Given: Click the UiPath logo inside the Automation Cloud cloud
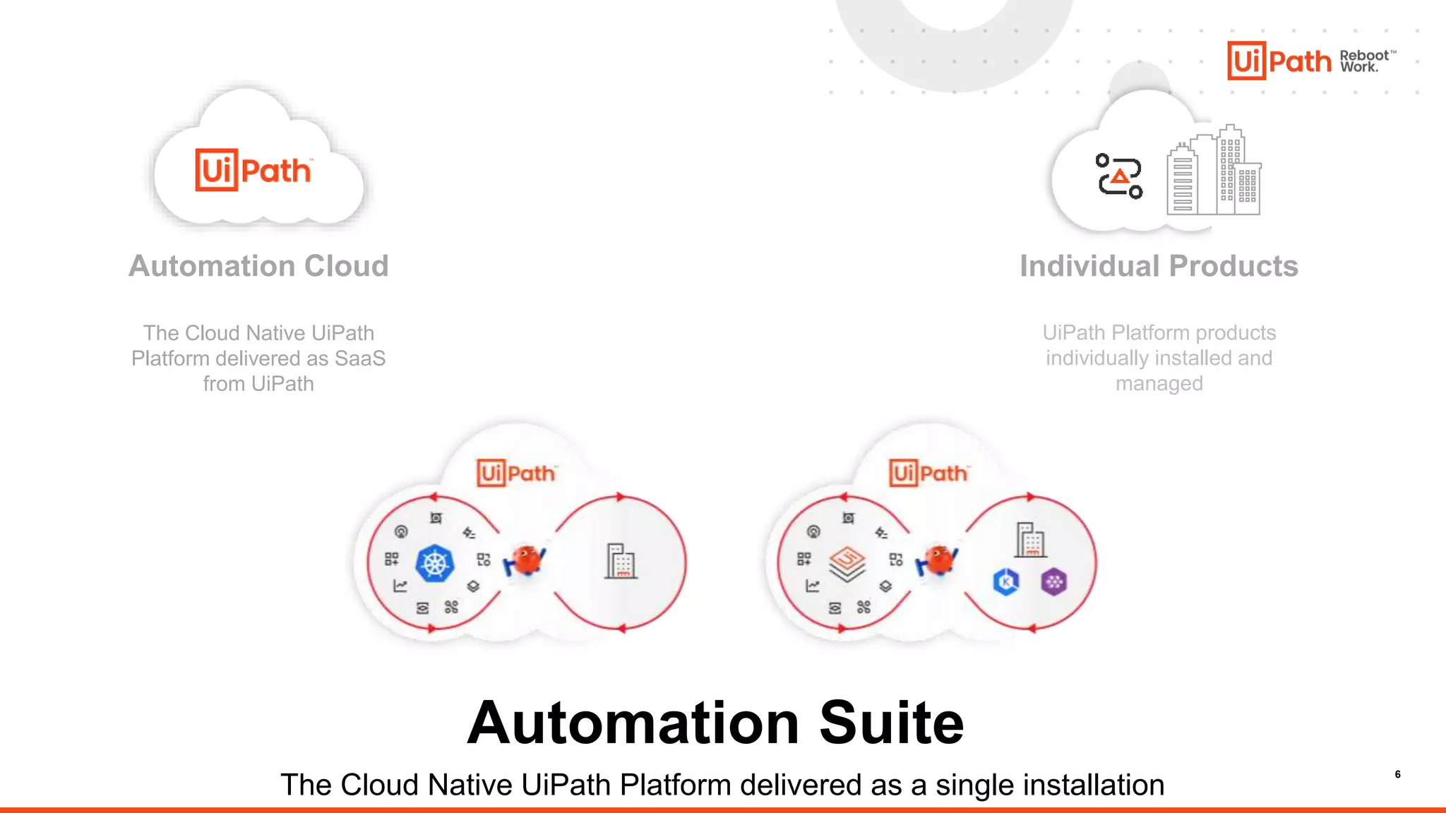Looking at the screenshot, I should coord(253,170).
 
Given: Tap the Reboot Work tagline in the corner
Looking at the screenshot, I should coord(1366,61).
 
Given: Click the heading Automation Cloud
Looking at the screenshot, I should coord(258,266).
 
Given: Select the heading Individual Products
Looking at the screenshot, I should coord(1159,266).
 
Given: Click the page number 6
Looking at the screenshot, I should coord(1397,774).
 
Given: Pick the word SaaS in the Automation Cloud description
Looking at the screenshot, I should coord(359,359).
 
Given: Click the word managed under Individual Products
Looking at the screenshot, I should coord(1159,383).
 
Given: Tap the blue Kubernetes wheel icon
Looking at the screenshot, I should coord(435,563).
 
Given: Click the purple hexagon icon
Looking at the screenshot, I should coord(1053,582).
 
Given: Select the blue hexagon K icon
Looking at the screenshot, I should coord(1006,582).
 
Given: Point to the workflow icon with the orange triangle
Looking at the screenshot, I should coord(1119,176).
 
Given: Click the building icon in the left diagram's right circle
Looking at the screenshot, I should coord(621,561).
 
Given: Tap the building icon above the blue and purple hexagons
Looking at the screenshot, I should coord(1030,540).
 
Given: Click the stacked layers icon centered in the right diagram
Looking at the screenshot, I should coord(847,563).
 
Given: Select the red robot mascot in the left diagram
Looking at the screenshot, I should coord(525,561).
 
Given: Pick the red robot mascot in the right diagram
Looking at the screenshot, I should coord(937,561).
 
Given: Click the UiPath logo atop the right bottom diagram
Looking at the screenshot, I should coord(928,473).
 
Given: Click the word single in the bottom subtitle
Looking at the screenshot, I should coord(973,785).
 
